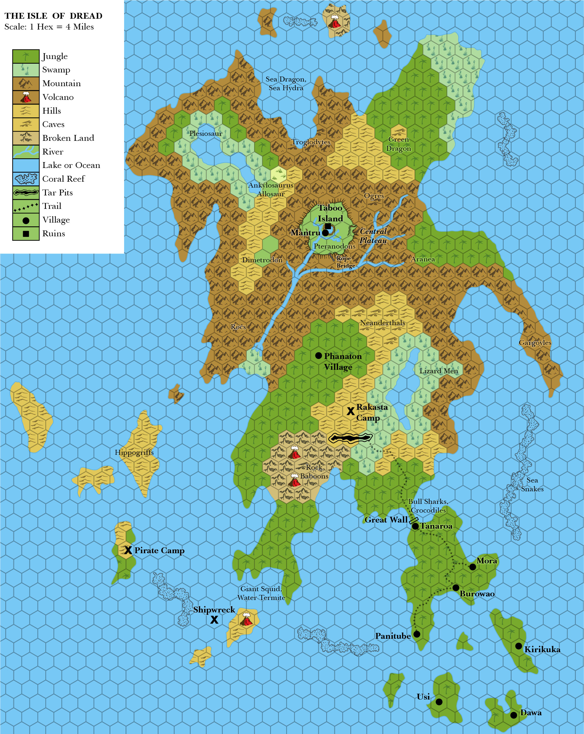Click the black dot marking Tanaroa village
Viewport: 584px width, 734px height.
click(x=415, y=526)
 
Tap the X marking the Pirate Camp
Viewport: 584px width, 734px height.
click(x=128, y=550)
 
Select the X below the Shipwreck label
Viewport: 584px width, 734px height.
click(x=214, y=620)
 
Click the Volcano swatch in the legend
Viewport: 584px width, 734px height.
click(x=26, y=97)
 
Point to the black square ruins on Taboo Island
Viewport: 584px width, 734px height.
click(x=328, y=226)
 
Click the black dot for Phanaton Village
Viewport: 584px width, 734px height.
click(x=319, y=355)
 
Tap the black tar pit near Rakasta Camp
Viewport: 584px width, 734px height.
click(x=350, y=438)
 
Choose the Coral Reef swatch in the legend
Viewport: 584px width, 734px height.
click(x=26, y=179)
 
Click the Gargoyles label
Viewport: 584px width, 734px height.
click(x=535, y=343)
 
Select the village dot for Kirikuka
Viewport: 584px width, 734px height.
click(x=518, y=646)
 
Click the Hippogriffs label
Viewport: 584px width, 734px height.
click(x=134, y=452)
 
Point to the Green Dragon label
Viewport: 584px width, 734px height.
click(x=398, y=144)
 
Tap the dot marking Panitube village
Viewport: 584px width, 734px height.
click(x=417, y=634)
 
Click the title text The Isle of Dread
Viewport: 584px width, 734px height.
click(x=53, y=16)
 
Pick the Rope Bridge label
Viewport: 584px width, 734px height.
click(x=345, y=262)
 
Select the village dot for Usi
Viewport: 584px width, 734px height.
click(x=439, y=702)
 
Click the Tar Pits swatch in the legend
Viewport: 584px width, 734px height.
click(x=26, y=192)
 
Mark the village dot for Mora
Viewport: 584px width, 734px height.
click(x=472, y=567)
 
